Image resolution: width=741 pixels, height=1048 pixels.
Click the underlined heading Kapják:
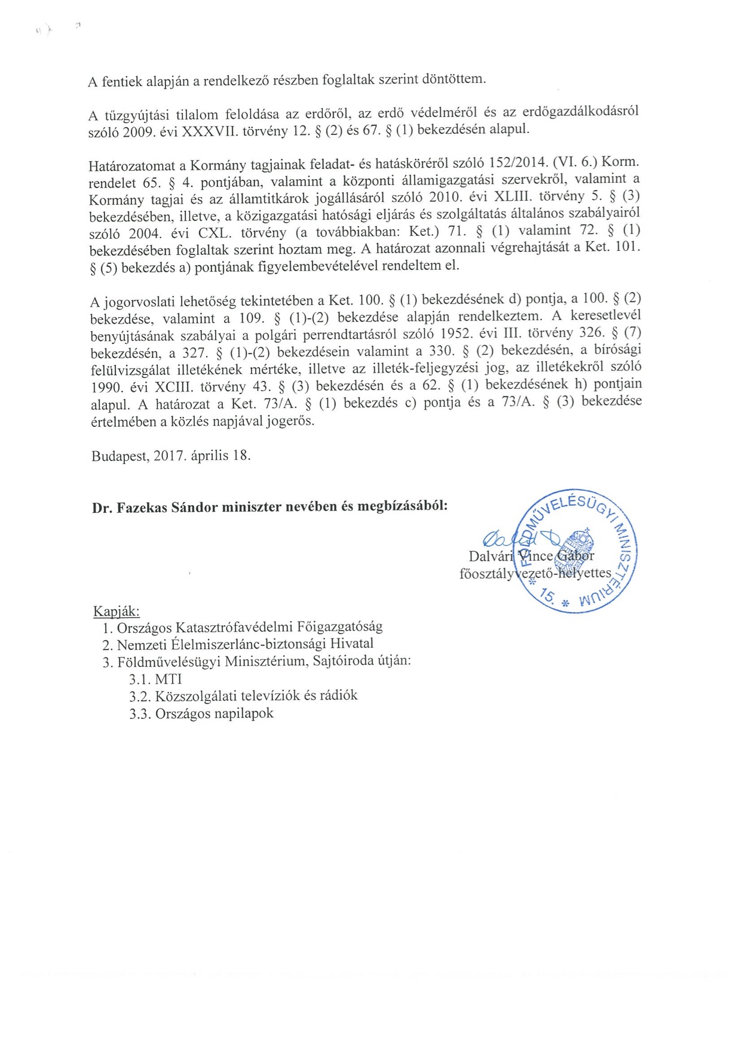click(x=117, y=611)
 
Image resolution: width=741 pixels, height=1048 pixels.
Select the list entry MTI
click(x=169, y=679)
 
